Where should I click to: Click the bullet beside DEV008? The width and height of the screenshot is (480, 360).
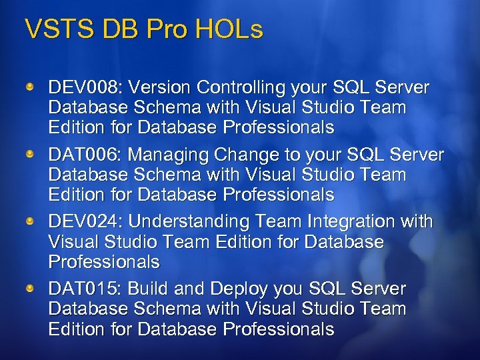click(x=30, y=87)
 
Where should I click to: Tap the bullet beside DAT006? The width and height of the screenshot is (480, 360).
click(x=30, y=155)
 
